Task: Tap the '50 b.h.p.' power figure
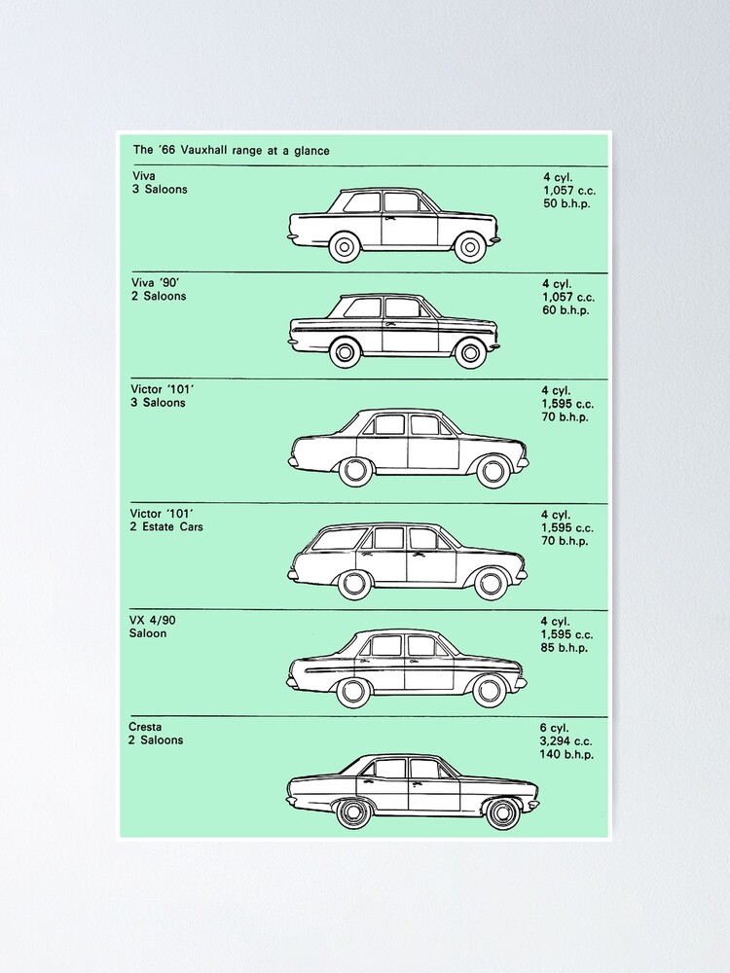tap(566, 203)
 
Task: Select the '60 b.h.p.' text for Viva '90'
tap(566, 310)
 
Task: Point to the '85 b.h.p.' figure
tap(564, 648)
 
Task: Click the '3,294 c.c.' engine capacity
tap(566, 740)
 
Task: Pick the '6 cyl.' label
tap(554, 728)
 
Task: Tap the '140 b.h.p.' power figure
tap(566, 755)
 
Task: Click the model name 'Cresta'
tap(145, 727)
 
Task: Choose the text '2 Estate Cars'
tap(166, 526)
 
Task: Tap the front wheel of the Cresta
tap(503, 812)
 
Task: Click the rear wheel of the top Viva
tap(345, 247)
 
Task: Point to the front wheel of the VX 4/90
tap(488, 691)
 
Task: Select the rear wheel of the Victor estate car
tap(353, 583)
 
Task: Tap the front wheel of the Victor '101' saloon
tap(493, 470)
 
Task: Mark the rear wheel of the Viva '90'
tap(345, 352)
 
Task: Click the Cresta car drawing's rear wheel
tap(352, 812)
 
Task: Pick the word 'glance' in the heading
tap(311, 151)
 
